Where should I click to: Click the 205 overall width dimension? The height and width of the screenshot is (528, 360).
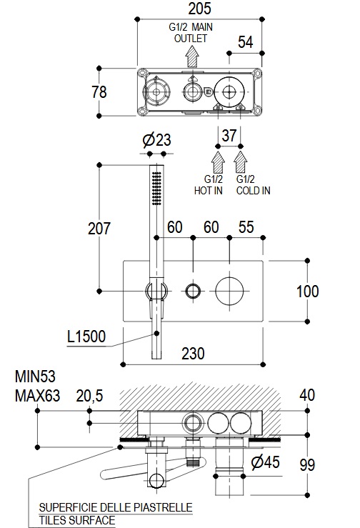[x=200, y=9]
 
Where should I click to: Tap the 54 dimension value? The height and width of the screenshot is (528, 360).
[x=245, y=42]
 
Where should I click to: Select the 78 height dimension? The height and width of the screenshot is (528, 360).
[x=99, y=92]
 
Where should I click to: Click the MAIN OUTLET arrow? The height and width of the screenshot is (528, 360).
[x=192, y=56]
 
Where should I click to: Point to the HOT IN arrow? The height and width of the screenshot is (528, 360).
[x=218, y=163]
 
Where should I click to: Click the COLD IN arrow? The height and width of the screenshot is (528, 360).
[x=241, y=163]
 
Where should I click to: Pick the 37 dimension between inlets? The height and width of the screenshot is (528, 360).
[x=229, y=135]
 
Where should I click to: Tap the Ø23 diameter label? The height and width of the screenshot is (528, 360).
[x=156, y=140]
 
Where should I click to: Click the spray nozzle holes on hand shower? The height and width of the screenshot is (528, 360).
[x=156, y=188]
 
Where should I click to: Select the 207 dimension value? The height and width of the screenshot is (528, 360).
[x=99, y=229]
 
